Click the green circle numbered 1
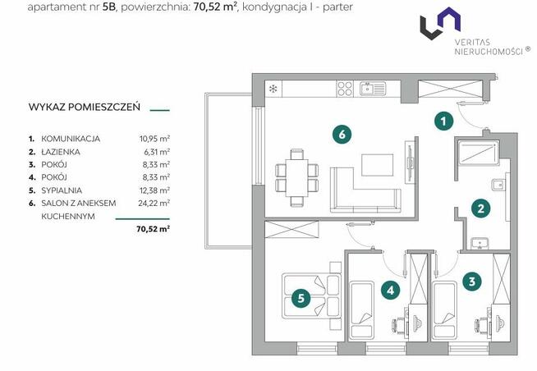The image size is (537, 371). click(x=443, y=121)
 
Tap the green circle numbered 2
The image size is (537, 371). click(x=480, y=208)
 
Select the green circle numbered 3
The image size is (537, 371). click(x=472, y=282)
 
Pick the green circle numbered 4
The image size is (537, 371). click(x=390, y=291)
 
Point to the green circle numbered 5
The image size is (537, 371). click(x=301, y=298)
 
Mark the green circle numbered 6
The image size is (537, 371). click(x=342, y=134)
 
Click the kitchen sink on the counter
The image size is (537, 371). click(x=373, y=89)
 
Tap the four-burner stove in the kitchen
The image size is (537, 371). click(x=345, y=89)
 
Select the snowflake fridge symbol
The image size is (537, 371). click(x=273, y=89)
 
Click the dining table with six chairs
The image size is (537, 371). click(x=296, y=177)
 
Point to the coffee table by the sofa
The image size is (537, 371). click(x=377, y=165)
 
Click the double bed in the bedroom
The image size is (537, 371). click(x=312, y=295)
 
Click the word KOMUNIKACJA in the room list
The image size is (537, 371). click(x=71, y=139)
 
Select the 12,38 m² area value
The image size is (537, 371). click(x=154, y=190)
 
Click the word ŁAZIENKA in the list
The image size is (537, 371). click(x=61, y=152)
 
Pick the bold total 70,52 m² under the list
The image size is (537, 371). click(x=153, y=229)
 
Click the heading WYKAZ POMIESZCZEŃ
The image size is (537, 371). click(x=85, y=107)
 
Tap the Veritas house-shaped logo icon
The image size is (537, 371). click(x=440, y=23)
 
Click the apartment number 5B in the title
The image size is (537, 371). click(x=109, y=7)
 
